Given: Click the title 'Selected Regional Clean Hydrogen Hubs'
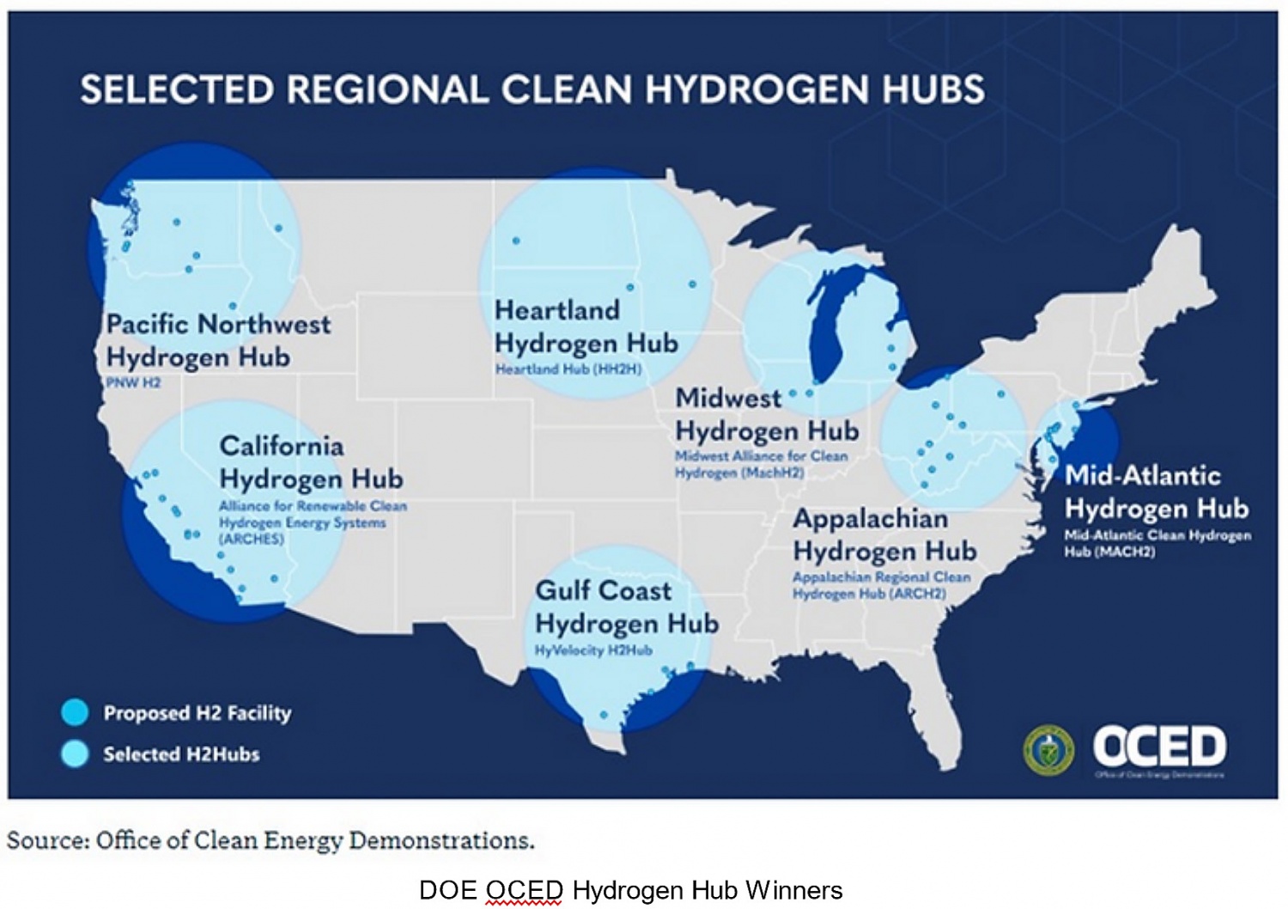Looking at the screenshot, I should point(532,90).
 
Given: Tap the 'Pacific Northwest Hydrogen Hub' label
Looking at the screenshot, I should point(217,340).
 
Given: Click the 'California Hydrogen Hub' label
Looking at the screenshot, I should point(311,462).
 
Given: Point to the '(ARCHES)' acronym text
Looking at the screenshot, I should point(251,539).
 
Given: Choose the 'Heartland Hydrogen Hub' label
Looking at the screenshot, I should point(586,326).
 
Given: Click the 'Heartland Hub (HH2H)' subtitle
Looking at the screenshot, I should point(568,369).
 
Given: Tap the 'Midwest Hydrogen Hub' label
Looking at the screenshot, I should point(766,414).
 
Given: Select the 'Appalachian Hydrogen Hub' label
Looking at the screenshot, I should point(884,534).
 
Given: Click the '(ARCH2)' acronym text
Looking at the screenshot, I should point(917,594).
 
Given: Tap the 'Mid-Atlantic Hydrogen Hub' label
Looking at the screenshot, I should point(1156,491).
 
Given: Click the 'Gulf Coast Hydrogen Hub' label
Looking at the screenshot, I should point(626,607).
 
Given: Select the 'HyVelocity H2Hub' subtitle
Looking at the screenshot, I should point(593,650).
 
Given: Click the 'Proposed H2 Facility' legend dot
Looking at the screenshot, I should point(76,712).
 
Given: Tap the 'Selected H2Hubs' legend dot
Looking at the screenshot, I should point(76,753).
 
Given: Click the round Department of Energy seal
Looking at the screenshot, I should point(1048,749).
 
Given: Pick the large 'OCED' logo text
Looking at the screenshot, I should point(1159,746).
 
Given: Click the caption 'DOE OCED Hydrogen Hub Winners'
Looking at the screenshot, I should point(630,890).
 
